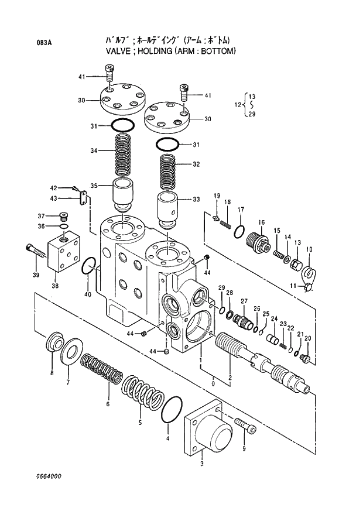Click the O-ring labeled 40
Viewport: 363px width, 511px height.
point(88,266)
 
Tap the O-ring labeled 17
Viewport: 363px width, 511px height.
point(239,231)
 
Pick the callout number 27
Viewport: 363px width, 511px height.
point(244,301)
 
